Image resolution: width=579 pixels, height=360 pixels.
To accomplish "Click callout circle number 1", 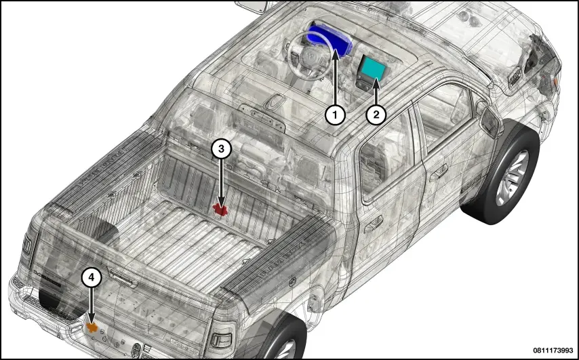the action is tap(335, 115).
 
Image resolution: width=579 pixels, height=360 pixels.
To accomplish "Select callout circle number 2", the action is tap(376, 115).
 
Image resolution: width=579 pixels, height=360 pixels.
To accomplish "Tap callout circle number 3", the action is tap(221, 148).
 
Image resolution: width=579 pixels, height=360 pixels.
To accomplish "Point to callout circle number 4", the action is tap(92, 279).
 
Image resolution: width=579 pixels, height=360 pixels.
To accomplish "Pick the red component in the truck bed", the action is tap(220, 210).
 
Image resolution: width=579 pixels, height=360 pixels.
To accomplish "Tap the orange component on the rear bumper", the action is tap(92, 327).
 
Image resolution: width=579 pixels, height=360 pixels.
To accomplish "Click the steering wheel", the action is tap(308, 56).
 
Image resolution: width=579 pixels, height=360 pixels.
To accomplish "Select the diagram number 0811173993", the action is tap(553, 350).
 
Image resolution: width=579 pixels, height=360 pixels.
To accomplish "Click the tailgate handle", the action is tap(122, 278).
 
